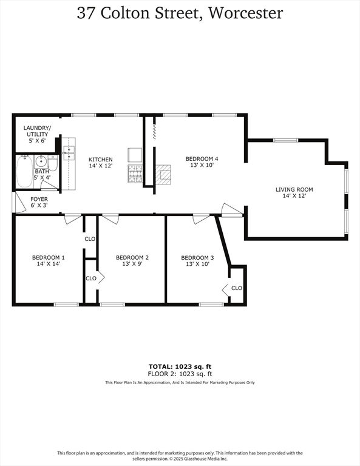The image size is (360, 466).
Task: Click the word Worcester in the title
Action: click(x=245, y=13)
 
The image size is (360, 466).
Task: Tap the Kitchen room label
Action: click(x=101, y=160)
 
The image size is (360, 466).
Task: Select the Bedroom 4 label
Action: click(x=202, y=159)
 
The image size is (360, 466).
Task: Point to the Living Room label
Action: click(x=294, y=189)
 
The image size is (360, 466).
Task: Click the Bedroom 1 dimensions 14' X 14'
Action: click(x=49, y=263)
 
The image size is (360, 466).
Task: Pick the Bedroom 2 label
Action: click(x=132, y=257)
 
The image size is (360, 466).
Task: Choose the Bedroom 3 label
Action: click(x=197, y=257)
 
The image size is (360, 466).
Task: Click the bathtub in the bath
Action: click(x=24, y=172)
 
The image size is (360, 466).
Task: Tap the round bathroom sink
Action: click(x=41, y=161)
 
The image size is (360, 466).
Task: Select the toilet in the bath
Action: click(x=53, y=163)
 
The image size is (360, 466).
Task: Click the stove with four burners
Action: click(x=135, y=174)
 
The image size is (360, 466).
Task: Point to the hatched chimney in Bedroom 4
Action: click(x=163, y=175)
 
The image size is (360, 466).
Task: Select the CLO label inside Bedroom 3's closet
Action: click(x=237, y=288)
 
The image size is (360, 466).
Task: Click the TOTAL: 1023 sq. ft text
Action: click(x=180, y=366)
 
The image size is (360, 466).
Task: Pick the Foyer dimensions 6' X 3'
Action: click(x=39, y=205)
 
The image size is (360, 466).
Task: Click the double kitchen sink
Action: click(x=69, y=152)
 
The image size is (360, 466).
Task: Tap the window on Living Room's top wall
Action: click(x=286, y=140)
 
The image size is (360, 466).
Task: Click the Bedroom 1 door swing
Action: click(x=72, y=218)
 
